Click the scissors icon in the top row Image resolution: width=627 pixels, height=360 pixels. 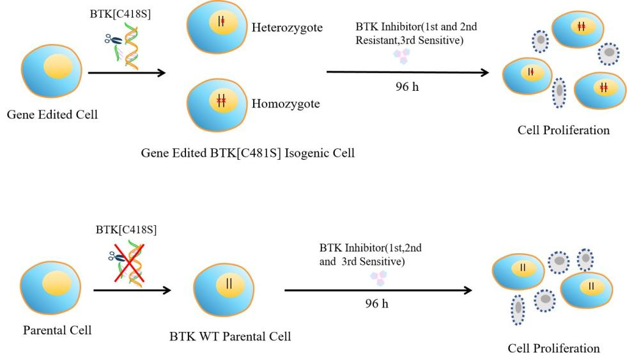pos(112,39)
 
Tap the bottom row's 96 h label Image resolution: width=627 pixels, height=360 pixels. pos(376,303)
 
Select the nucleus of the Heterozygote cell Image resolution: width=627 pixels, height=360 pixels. pos(221,22)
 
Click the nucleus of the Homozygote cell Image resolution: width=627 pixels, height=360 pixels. pos(221,100)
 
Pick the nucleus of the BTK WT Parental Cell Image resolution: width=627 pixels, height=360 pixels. pos(229,284)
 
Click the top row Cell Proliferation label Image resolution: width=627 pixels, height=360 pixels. pos(564,130)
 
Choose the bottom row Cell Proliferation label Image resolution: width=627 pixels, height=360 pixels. pos(553,348)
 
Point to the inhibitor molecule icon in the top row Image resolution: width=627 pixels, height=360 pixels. pos(402,57)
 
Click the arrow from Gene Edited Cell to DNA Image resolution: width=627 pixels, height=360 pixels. pos(127,73)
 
